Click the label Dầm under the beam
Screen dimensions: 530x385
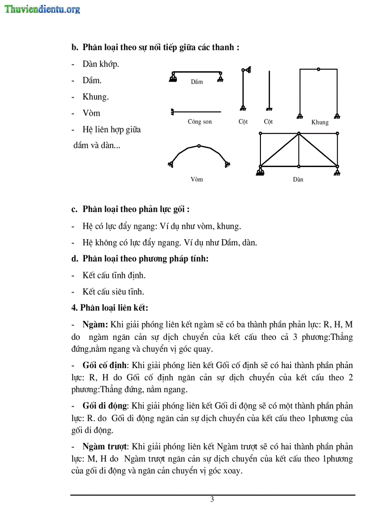(x=197, y=82)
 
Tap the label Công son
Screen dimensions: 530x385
(x=200, y=122)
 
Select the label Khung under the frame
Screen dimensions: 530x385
(x=319, y=122)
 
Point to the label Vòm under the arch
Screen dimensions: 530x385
(x=197, y=179)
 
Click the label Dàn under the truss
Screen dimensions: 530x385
(x=298, y=179)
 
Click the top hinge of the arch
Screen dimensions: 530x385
(x=199, y=146)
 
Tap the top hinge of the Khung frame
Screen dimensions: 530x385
(x=318, y=69)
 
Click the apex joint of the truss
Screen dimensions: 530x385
(x=298, y=134)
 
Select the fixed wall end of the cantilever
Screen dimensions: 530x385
(x=173, y=112)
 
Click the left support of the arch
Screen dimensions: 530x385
(x=170, y=164)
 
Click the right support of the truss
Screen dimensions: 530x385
(x=337, y=168)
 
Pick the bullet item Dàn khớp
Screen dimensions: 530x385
(x=100, y=64)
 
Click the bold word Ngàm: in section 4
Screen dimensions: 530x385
(x=96, y=325)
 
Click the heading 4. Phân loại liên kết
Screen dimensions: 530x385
(x=109, y=308)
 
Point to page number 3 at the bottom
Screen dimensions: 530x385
(x=212, y=500)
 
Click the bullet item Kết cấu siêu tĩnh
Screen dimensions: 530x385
(x=113, y=292)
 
